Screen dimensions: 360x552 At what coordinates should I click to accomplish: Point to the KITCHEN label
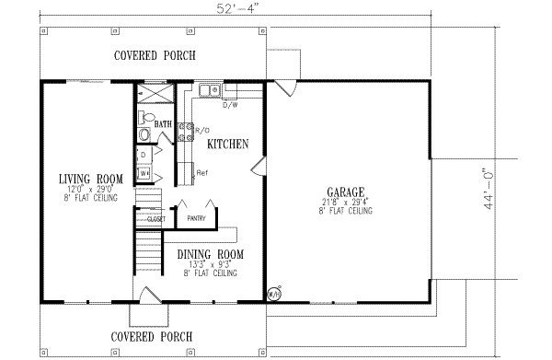pyautogui.click(x=225, y=145)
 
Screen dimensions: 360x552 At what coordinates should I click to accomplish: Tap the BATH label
pyautogui.click(x=163, y=124)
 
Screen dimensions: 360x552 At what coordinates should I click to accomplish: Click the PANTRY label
pyautogui.click(x=196, y=219)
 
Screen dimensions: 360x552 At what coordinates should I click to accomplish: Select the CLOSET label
pyautogui.click(x=154, y=219)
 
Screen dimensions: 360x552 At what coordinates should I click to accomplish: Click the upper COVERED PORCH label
pyautogui.click(x=155, y=55)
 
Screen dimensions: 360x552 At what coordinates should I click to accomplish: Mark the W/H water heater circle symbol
pyautogui.click(x=273, y=295)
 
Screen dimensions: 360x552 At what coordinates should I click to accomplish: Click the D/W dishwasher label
pyautogui.click(x=232, y=104)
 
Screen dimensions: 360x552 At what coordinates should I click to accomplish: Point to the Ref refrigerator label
pyautogui.click(x=202, y=173)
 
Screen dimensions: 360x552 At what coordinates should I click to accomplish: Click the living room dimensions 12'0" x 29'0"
pyautogui.click(x=90, y=189)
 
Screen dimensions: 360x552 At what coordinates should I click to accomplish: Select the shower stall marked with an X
pyautogui.click(x=155, y=95)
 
